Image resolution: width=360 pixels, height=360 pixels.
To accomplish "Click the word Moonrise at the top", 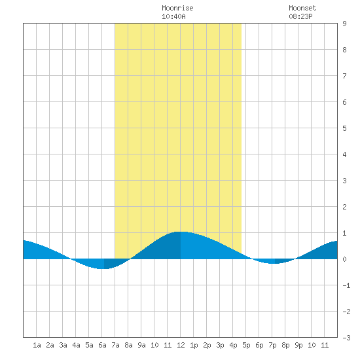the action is (177, 8).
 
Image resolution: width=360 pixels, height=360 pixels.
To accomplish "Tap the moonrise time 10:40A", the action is (173, 16).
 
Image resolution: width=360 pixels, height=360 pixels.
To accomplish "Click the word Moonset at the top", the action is (302, 8).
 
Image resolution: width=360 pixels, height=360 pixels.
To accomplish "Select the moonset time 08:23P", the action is (300, 16).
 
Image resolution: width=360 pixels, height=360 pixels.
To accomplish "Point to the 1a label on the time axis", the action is (37, 345).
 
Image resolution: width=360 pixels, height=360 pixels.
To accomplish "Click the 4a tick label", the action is (76, 345).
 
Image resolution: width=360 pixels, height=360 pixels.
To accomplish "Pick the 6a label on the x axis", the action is (102, 345).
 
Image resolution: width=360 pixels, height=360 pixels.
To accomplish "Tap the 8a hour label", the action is (128, 345).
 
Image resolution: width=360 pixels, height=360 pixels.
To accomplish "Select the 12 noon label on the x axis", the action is (181, 345).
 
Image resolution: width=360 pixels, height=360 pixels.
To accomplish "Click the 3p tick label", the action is (220, 345).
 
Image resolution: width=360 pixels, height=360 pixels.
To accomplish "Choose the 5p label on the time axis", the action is (246, 345).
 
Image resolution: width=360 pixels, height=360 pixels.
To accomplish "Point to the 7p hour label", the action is (272, 345).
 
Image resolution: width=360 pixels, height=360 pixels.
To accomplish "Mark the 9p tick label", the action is (298, 345).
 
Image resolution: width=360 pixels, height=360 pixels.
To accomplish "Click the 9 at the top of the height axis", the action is (344, 24).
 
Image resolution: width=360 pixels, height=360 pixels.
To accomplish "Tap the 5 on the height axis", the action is (344, 128).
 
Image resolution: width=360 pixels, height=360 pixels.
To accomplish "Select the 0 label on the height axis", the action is (344, 259).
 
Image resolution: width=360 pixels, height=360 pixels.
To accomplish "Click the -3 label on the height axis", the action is (346, 338).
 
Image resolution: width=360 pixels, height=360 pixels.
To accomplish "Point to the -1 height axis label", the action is (346, 285).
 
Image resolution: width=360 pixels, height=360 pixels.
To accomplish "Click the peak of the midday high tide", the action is (181, 232).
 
